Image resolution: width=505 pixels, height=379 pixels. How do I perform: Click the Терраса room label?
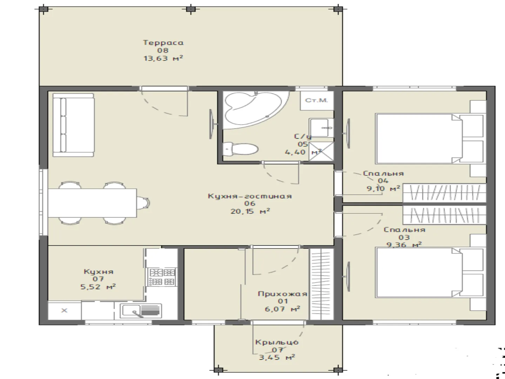[x=163, y=42]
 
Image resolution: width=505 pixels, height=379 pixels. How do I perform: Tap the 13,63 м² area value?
[x=163, y=58]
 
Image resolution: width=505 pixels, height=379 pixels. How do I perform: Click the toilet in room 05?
[x=241, y=149]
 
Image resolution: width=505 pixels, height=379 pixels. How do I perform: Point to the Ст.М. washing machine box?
[x=317, y=100]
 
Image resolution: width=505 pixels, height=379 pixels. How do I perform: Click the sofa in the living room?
[x=73, y=125]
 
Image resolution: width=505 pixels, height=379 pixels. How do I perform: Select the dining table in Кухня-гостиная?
[x=92, y=203]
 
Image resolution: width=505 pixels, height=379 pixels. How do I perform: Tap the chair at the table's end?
[x=143, y=203]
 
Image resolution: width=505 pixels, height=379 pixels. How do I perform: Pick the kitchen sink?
[x=141, y=311]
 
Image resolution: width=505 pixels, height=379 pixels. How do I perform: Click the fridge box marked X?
[x=65, y=311]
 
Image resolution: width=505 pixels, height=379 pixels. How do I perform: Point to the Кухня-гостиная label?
[x=250, y=196]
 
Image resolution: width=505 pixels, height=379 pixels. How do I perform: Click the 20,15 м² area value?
[x=250, y=211]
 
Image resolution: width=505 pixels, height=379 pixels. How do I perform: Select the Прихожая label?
[x=283, y=294]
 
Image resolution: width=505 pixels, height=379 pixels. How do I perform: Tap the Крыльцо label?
[x=277, y=342]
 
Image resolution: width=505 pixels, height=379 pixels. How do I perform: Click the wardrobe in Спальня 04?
[x=444, y=193]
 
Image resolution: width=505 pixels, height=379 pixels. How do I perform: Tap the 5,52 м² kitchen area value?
[x=98, y=287]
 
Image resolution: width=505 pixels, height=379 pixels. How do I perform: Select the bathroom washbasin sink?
[x=321, y=127]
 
